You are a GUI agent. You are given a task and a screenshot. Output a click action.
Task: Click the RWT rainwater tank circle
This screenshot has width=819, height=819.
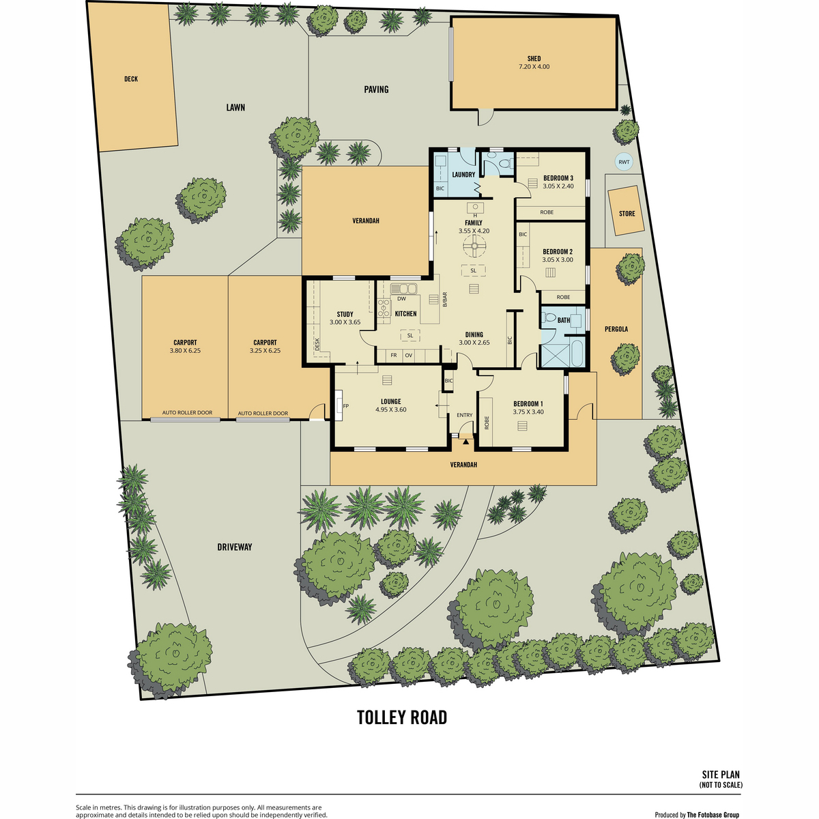pos(624,162)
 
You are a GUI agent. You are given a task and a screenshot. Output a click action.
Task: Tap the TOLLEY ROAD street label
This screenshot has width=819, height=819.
pos(402,718)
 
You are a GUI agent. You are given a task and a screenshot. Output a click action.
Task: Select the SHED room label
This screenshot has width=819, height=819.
pos(534,59)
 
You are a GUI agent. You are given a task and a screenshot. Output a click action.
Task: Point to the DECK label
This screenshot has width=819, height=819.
pos(131,79)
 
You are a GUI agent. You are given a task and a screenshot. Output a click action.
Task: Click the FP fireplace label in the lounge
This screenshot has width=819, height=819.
pos(346,406)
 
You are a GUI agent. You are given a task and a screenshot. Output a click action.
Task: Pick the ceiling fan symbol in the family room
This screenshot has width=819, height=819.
pos(474,247)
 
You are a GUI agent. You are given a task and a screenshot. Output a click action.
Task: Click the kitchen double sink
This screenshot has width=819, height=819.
pos(404,289)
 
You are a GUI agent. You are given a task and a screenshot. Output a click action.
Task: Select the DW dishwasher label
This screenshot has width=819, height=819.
pos(401,299)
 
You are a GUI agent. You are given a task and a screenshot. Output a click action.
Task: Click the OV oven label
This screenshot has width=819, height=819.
pos(408,356)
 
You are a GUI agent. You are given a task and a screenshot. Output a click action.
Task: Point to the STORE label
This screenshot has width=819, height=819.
pos(627,214)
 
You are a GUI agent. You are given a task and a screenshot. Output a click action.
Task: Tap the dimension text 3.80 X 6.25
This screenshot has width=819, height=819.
pos(185,351)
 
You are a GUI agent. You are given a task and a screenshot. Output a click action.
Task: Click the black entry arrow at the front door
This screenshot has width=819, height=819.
pos(466,442)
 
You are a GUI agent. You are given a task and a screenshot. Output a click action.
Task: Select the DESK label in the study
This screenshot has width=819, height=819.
pos(317,344)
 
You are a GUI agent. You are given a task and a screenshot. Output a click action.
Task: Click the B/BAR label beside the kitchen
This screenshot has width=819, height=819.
pos(445,299)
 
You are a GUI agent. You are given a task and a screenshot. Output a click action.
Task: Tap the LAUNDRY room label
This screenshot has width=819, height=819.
pos(463,175)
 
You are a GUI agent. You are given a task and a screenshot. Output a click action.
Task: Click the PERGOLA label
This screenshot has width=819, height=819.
pos(616,329)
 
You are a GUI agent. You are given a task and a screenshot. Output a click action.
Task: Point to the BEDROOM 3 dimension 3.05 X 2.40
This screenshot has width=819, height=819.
pos(558,186)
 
